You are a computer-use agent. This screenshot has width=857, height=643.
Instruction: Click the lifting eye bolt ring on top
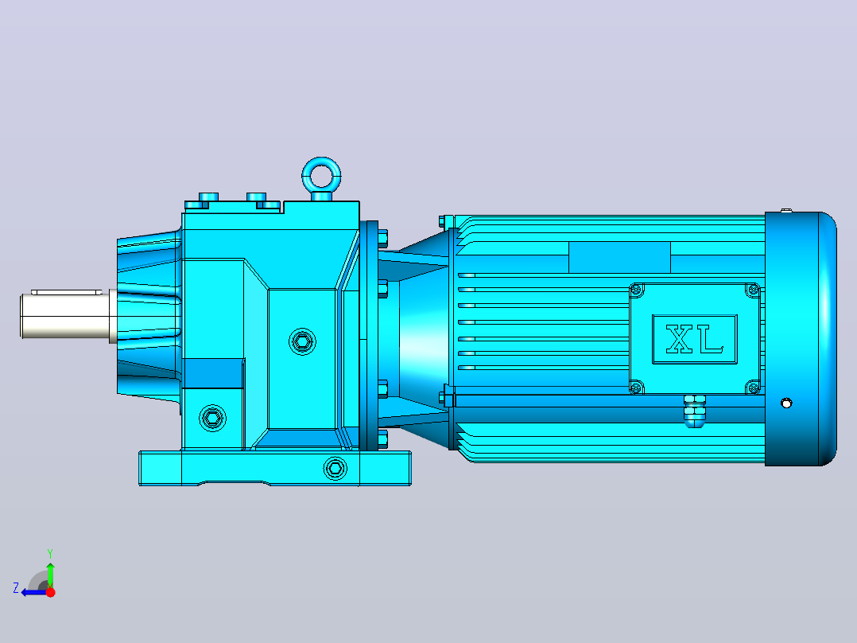point(321,164)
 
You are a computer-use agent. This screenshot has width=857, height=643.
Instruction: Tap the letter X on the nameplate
point(680,338)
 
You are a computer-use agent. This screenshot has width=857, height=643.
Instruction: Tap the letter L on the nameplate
point(712,338)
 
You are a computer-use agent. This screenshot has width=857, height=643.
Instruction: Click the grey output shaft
point(66,316)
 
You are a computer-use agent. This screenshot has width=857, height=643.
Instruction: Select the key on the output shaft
point(66,292)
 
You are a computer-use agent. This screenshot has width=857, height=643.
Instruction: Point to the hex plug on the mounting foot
point(335,469)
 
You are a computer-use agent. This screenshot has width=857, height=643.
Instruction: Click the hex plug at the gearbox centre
point(302,342)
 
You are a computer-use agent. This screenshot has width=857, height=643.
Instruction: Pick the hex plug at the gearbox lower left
point(212,418)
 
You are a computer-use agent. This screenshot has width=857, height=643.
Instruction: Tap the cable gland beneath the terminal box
point(694,411)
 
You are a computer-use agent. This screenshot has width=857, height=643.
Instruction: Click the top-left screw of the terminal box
point(636,290)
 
